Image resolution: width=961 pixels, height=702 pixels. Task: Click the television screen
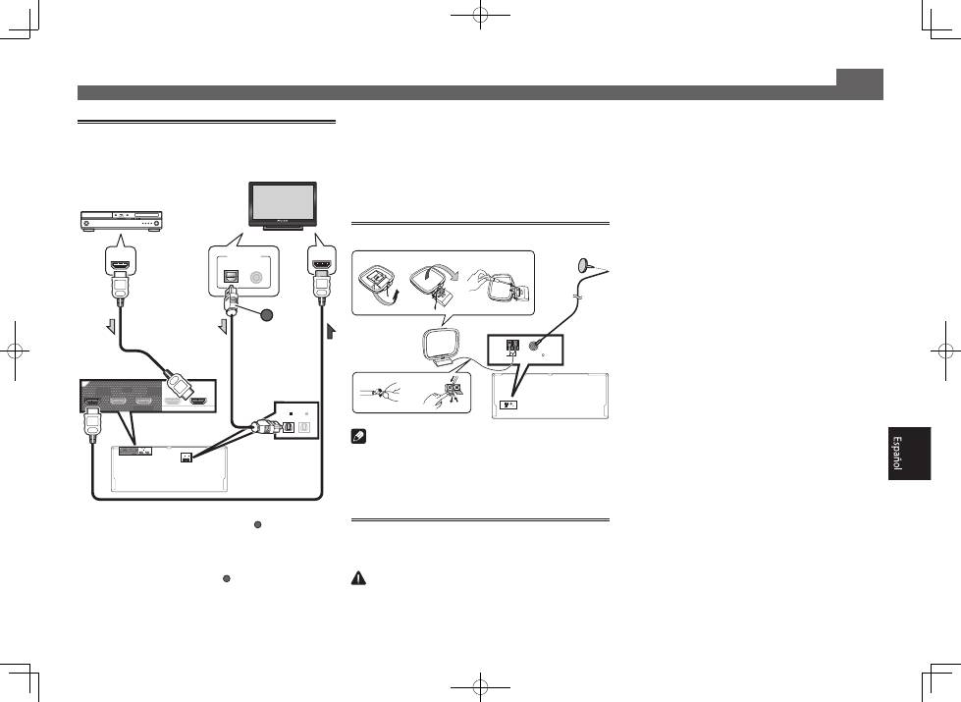click(x=282, y=204)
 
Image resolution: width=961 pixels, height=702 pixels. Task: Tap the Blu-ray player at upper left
click(x=122, y=221)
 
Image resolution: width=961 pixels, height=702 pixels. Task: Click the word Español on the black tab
click(x=896, y=453)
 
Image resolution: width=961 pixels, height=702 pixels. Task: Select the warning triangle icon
click(x=358, y=577)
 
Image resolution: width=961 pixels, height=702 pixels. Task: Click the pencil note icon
click(x=358, y=437)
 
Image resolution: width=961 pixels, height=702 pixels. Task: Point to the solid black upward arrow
click(x=331, y=331)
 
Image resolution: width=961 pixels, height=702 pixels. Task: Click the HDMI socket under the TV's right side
click(x=321, y=265)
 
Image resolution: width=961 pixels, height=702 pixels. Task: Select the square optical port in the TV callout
click(x=233, y=277)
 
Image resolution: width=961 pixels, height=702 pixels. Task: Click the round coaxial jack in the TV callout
click(x=256, y=277)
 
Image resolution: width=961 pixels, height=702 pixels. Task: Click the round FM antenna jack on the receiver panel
click(x=534, y=346)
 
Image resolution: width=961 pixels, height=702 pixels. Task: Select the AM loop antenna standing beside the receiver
click(x=440, y=348)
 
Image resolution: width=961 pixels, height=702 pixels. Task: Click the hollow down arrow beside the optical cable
click(x=223, y=327)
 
